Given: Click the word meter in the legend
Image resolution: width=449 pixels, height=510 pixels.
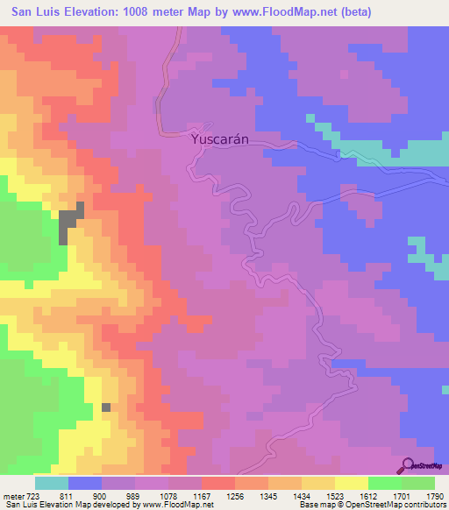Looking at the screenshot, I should tap(12, 496).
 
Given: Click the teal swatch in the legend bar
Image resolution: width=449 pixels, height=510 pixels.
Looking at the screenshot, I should tap(52, 483).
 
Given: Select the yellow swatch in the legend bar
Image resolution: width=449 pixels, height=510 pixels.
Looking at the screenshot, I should tap(352, 483).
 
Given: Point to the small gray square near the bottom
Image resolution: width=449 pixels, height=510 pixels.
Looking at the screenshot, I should tap(106, 407).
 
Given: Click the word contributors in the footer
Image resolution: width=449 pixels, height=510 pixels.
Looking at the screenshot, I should tap(427, 506).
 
